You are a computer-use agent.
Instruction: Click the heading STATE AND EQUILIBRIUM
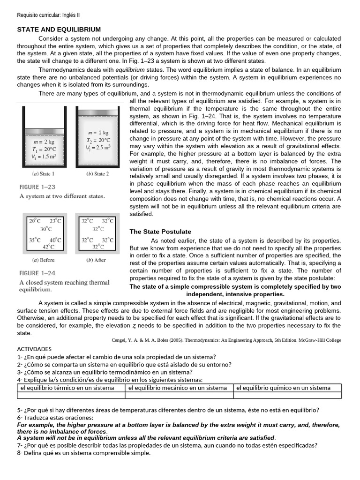59,30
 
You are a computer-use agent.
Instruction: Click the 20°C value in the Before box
35,220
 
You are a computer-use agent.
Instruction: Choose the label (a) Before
43,260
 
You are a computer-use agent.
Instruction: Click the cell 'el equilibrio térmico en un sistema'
67,388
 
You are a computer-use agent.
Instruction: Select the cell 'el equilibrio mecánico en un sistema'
178,388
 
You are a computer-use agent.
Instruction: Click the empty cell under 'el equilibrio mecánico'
179,395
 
